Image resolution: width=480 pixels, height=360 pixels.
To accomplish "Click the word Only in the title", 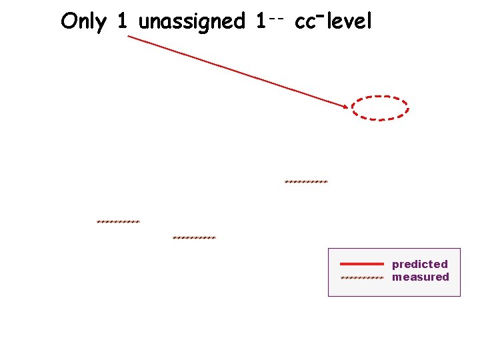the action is point(83,21).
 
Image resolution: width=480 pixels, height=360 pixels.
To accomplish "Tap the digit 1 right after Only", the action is point(121,21).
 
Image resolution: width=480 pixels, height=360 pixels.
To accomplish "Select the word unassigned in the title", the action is point(191,22).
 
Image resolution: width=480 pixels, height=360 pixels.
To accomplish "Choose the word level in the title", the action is point(349,21).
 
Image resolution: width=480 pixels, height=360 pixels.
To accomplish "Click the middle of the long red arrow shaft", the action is point(237,71).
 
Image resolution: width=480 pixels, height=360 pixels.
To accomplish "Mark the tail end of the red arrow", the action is point(129,36).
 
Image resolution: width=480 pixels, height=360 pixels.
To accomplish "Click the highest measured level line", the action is point(306,181).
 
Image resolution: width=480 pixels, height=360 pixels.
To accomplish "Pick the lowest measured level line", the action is point(194,237).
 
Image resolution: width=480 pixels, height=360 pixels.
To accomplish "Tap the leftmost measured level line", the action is point(118,221).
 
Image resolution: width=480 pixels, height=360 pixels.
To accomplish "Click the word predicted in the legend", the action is point(419,264).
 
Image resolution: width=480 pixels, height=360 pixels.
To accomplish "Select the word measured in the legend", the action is point(420,277).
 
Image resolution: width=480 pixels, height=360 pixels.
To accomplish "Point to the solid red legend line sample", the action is point(362,264).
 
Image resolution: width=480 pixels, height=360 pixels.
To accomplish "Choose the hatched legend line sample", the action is point(362,277).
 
